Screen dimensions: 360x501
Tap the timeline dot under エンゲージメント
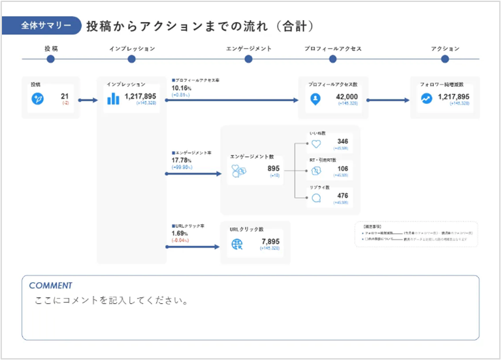248,59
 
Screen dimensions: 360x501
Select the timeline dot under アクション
445,59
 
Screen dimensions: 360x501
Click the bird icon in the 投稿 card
38,99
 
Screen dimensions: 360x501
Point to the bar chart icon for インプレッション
114,99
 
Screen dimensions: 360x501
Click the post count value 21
65,97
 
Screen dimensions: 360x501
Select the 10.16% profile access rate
181,88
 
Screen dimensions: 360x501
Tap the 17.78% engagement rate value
181,160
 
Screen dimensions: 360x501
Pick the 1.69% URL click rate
179,233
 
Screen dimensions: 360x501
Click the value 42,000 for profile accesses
347,97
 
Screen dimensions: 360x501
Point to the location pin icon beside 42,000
315,99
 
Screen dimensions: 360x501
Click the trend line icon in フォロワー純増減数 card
426,99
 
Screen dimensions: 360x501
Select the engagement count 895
273,169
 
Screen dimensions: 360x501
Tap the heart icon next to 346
316,144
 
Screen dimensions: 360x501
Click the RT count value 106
342,169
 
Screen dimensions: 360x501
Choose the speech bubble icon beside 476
316,199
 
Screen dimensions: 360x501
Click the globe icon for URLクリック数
237,245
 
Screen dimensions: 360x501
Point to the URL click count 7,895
270,242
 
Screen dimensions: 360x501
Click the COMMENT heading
50,286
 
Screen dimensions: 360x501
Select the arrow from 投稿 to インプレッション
88,100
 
